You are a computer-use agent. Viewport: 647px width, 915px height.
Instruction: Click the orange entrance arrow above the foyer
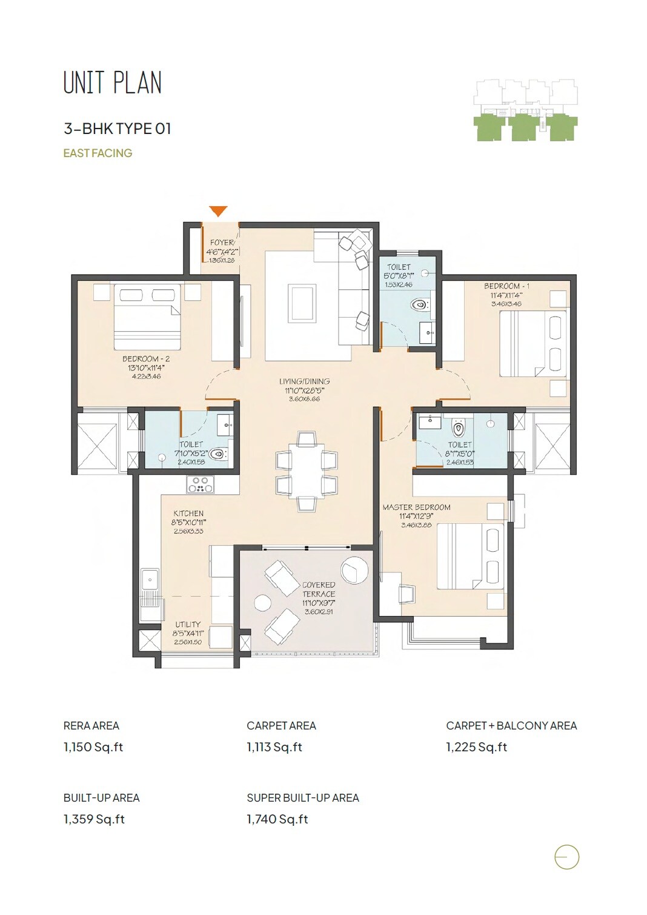(218, 210)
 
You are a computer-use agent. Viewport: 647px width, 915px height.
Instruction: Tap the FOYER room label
(222, 243)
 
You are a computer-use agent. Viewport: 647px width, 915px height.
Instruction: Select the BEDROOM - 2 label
(146, 359)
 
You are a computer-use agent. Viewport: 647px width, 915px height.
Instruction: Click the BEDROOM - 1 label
(506, 286)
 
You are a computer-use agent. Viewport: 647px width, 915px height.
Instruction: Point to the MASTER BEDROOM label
(416, 507)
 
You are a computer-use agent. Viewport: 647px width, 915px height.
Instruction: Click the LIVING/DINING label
(304, 381)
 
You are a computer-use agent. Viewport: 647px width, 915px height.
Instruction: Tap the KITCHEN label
(188, 514)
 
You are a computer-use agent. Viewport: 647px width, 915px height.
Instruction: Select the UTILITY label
(188, 625)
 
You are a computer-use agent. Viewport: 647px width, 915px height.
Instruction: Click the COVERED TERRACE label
(319, 589)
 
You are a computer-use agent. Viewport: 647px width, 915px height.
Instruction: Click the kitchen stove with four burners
(200, 484)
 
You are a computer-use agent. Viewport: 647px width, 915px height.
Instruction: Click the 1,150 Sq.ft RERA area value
(93, 747)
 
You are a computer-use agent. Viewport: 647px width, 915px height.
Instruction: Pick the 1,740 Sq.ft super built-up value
(277, 819)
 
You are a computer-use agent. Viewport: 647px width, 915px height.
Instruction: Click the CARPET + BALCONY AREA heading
(511, 726)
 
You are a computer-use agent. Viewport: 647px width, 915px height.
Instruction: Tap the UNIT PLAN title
(113, 83)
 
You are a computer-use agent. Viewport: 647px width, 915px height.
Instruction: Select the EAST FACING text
(98, 153)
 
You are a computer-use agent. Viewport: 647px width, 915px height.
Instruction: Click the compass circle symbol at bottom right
(566, 857)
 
